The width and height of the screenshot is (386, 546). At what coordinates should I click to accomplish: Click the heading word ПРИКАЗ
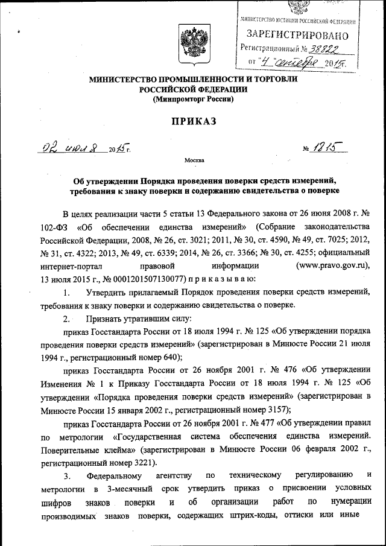192,121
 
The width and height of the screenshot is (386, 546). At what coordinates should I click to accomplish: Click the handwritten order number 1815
324,147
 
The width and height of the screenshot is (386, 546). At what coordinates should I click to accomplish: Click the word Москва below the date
193,160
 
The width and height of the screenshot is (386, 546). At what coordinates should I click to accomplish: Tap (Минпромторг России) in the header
192,98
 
